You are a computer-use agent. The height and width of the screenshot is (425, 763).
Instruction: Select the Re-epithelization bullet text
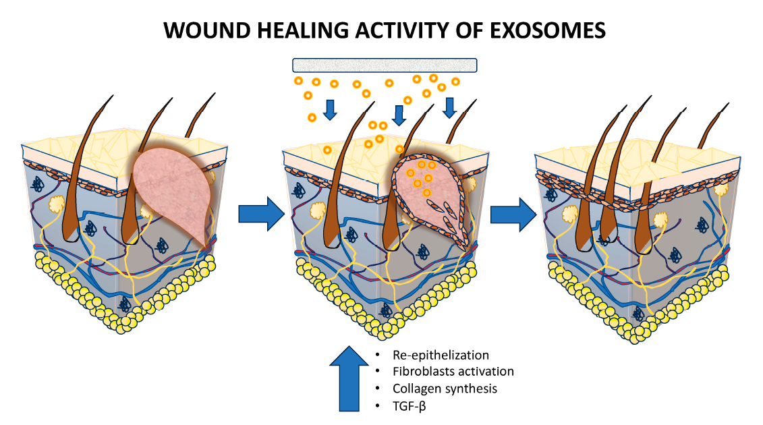click(441, 355)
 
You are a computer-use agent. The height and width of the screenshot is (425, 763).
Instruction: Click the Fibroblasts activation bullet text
click(453, 372)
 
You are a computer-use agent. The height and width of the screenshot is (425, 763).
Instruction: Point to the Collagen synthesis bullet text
click(445, 389)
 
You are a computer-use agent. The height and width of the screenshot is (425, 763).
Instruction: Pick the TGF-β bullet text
click(409, 405)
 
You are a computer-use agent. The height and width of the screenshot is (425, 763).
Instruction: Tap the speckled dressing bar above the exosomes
click(385, 65)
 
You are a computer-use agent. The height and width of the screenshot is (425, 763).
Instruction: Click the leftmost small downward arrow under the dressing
click(330, 109)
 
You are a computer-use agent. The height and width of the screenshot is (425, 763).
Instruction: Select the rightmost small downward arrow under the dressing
click(449, 107)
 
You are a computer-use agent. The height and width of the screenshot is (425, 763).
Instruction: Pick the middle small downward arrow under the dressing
click(399, 114)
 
